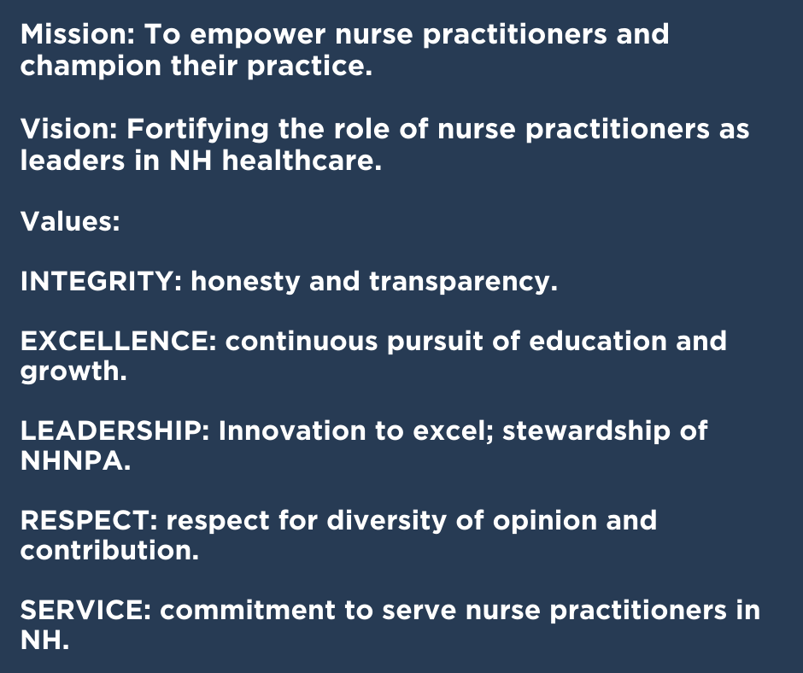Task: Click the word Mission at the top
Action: point(77,34)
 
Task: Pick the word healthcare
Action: point(302,161)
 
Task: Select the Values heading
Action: point(70,222)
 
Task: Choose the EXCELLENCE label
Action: point(118,341)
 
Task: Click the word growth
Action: point(73,372)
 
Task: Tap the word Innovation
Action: point(292,430)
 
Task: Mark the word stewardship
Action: point(586,432)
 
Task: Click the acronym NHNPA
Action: point(76,461)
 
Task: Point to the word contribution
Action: point(109,551)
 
